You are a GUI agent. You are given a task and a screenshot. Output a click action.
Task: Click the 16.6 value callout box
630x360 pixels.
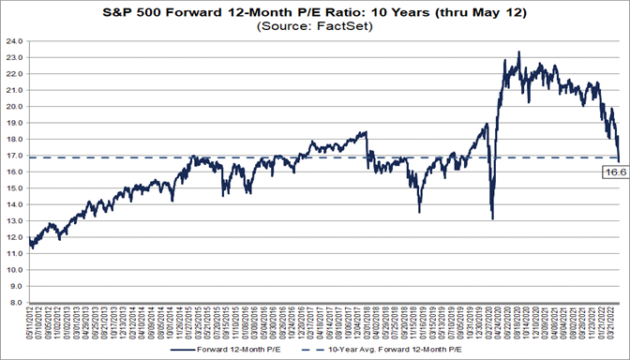(x=612, y=172)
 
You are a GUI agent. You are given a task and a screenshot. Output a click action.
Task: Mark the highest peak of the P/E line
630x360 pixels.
(x=519, y=52)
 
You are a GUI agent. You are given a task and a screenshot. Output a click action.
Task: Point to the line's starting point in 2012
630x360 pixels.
(x=31, y=247)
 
